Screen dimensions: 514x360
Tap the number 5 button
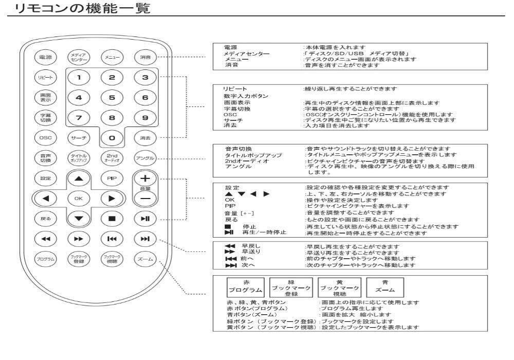pos(112,97)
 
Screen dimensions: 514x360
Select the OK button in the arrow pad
pos(78,197)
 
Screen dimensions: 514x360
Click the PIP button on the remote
pos(111,178)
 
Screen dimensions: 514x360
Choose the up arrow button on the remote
pos(78,178)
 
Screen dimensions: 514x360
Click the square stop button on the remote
pos(111,218)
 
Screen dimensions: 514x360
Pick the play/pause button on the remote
pos(144,218)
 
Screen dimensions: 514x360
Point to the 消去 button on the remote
pos(144,138)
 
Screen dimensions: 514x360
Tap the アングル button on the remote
pos(144,157)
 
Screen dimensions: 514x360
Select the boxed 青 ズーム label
pos(385,286)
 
